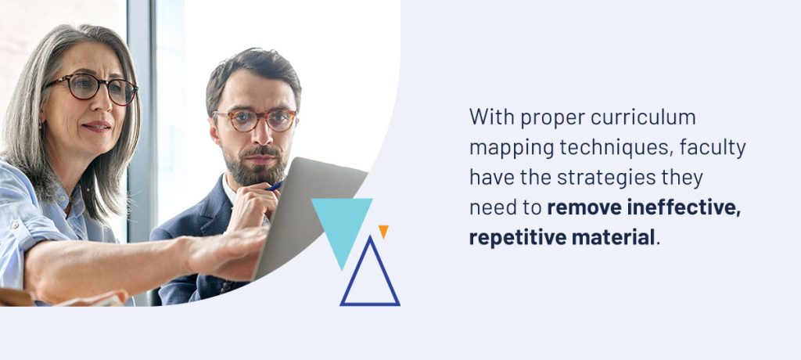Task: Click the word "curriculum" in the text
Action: (643, 117)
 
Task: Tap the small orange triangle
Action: (383, 231)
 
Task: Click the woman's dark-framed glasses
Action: (92, 88)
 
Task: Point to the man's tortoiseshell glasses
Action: (256, 120)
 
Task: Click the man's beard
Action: (260, 164)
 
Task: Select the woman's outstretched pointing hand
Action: (224, 250)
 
